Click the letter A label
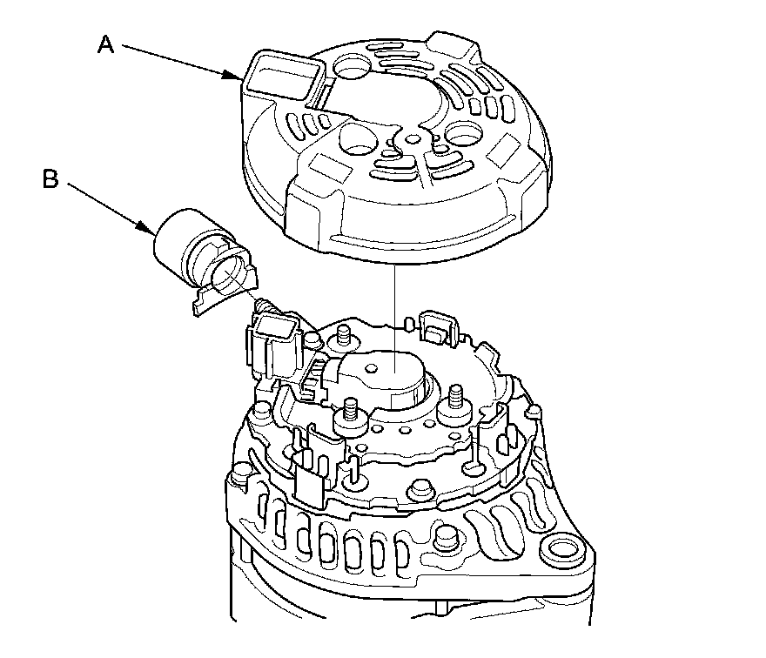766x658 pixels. click(105, 44)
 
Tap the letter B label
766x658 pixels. click(50, 178)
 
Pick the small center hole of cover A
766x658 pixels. click(413, 140)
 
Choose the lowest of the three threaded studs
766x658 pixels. click(350, 409)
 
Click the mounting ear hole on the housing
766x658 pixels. click(563, 553)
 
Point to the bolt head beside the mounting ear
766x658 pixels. click(445, 537)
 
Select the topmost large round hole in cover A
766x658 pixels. click(356, 66)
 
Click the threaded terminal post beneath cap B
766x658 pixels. click(263, 307)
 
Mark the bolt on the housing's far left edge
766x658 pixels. click(241, 475)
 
